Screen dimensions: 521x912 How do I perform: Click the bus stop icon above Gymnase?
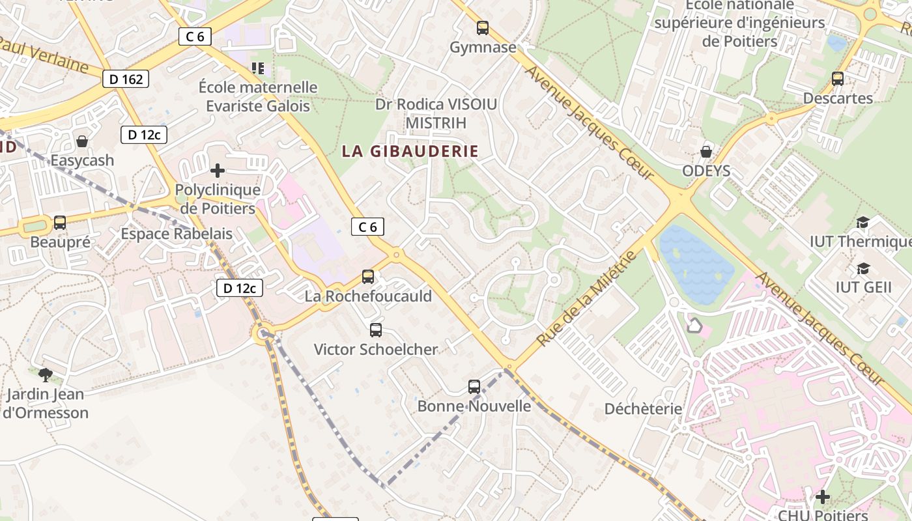click(x=482, y=28)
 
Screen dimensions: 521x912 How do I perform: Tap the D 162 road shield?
click(x=126, y=79)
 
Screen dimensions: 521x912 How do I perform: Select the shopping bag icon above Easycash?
click(x=82, y=141)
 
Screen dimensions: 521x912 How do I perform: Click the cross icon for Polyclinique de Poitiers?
click(x=218, y=171)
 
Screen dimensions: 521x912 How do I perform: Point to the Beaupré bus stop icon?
click(x=60, y=223)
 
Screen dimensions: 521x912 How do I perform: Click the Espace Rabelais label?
click(x=177, y=234)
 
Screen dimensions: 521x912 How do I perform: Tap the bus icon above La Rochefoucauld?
click(x=368, y=277)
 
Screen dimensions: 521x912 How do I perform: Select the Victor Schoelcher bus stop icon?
click(x=376, y=330)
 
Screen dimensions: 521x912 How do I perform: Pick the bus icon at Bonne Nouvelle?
click(x=474, y=387)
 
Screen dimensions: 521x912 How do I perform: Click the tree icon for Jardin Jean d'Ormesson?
click(x=45, y=374)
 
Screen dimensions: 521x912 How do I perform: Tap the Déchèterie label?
click(x=643, y=409)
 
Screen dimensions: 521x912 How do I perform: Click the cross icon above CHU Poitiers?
click(x=823, y=497)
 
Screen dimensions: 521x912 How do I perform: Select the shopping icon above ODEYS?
click(x=705, y=152)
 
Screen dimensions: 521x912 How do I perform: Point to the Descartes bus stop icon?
click(x=838, y=79)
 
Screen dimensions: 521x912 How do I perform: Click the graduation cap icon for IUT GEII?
click(x=863, y=268)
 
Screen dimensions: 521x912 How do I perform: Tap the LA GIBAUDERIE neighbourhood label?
click(x=410, y=152)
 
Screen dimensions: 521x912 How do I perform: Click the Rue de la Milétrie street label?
click(x=586, y=298)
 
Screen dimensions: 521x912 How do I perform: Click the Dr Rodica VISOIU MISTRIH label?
click(x=436, y=113)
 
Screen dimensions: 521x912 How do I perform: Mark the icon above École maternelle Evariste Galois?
click(x=258, y=68)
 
